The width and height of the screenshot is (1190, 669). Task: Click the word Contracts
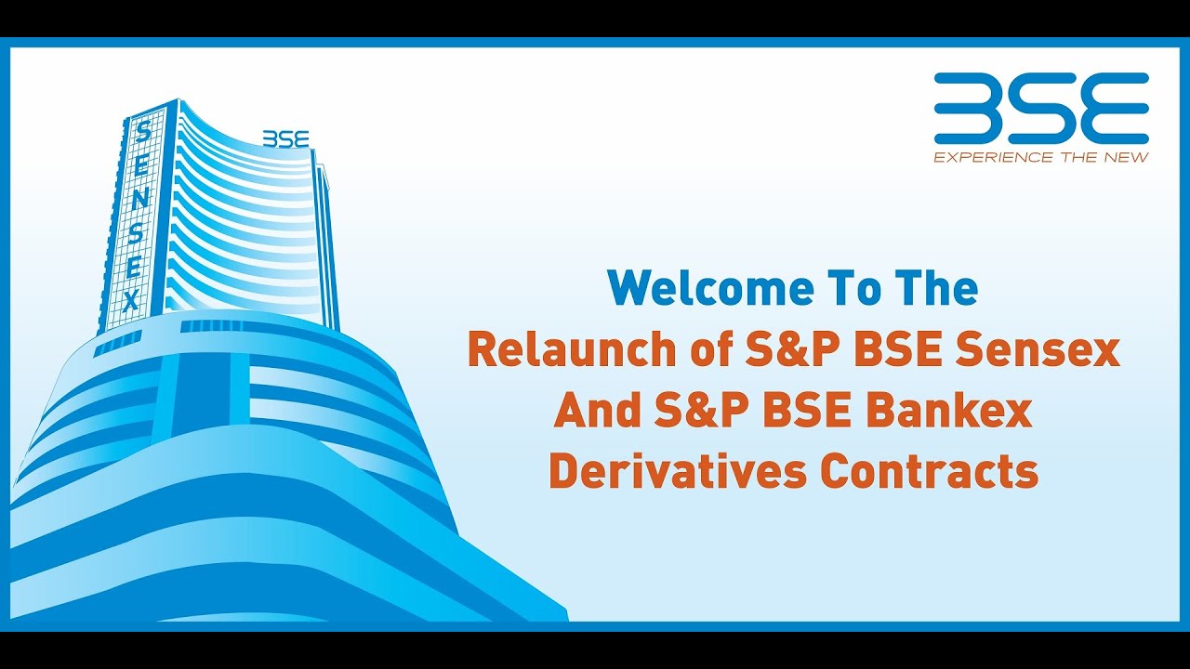tap(930, 471)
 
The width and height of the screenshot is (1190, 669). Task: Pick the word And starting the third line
tap(595, 411)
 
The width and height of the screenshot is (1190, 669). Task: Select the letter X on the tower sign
tap(131, 301)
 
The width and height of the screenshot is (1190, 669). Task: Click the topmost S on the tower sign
tap(143, 131)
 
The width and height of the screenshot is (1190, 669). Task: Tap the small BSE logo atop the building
tap(285, 138)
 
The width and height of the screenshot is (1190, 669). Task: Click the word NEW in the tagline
tap(1129, 157)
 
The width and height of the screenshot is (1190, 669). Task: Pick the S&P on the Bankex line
tap(701, 411)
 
